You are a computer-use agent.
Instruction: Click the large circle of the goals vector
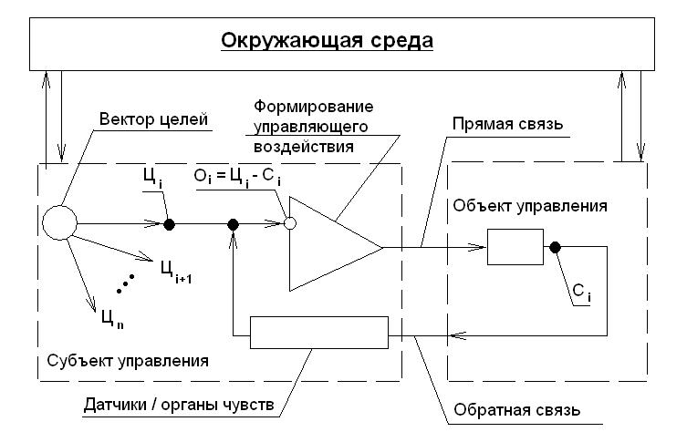coord(59,222)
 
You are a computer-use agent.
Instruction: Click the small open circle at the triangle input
coord(289,223)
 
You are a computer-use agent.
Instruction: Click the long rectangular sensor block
coord(319,332)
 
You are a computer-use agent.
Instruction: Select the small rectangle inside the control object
coord(515,246)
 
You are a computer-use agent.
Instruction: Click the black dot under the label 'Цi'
coord(169,223)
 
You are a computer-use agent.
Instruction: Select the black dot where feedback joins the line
coord(234,223)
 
